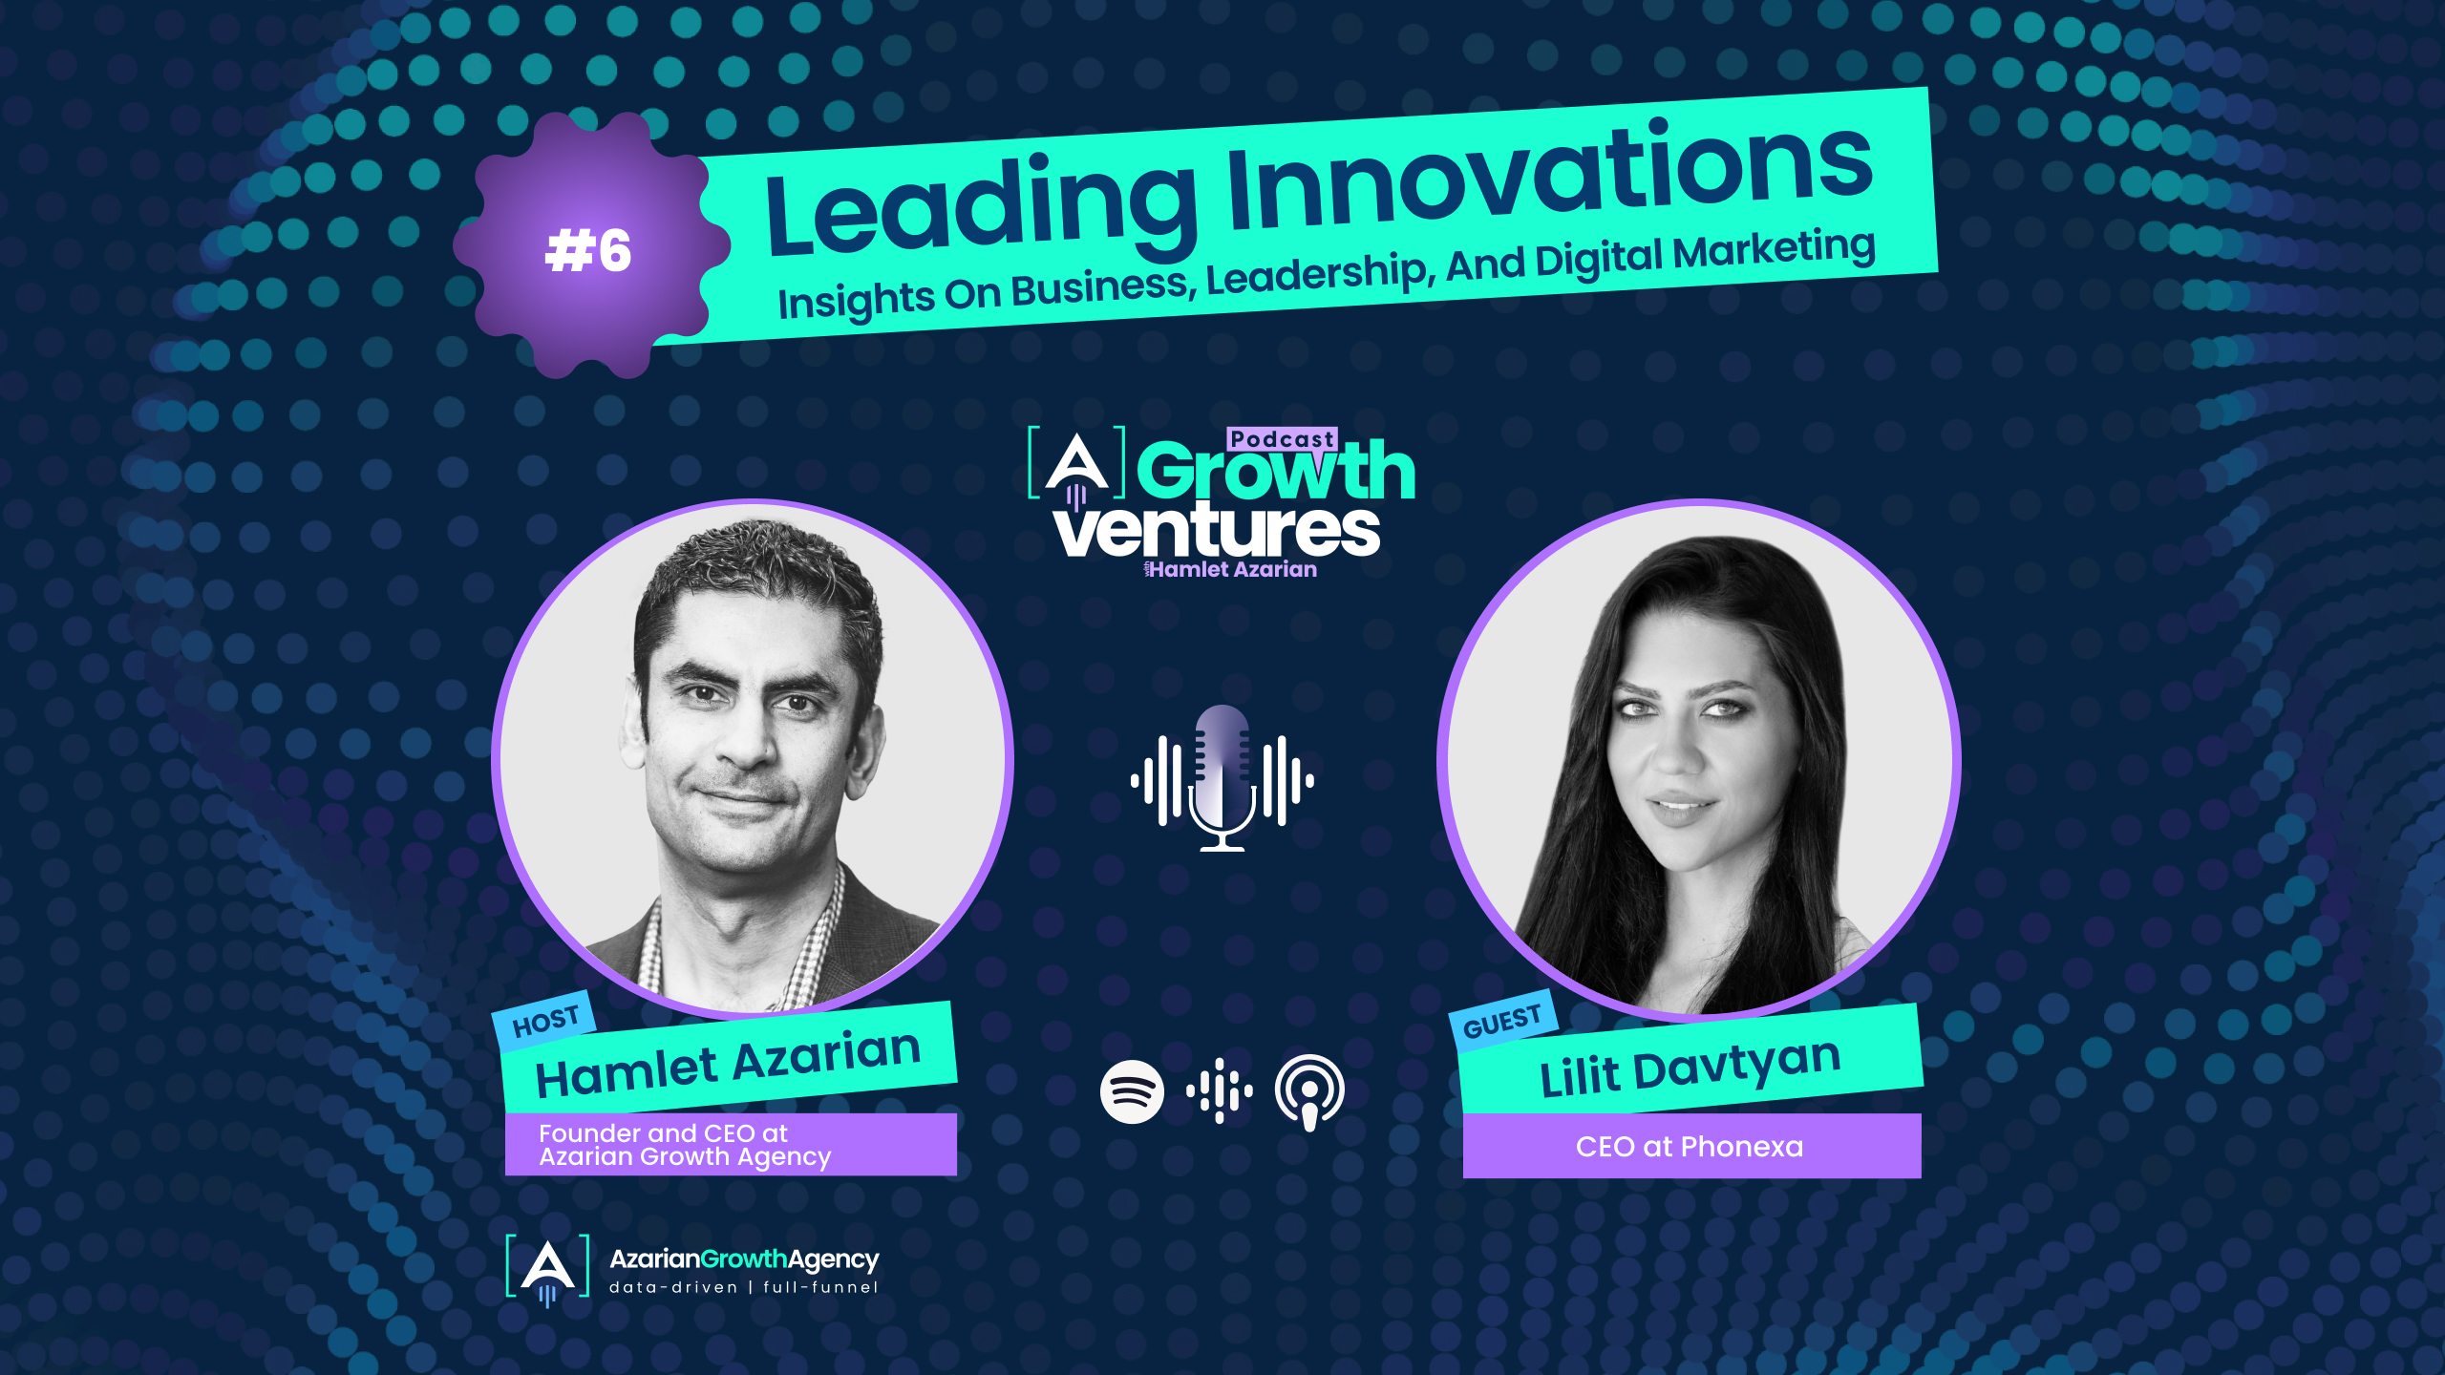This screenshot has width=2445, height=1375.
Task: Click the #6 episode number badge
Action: pyautogui.click(x=588, y=250)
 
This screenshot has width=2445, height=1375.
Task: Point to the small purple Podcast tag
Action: pyautogui.click(x=1282, y=439)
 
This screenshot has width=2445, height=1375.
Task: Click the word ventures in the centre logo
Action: pyautogui.click(x=1218, y=531)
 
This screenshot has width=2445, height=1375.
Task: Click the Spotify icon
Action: pyautogui.click(x=1132, y=1090)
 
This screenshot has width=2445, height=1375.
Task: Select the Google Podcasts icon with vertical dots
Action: pyautogui.click(x=1220, y=1090)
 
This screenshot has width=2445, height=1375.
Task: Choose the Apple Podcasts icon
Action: pyautogui.click(x=1309, y=1090)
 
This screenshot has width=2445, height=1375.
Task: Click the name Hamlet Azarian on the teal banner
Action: pyautogui.click(x=728, y=1062)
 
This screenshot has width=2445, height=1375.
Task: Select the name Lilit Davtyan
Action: pyautogui.click(x=1690, y=1068)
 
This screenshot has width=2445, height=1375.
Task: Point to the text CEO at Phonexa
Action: pyautogui.click(x=1690, y=1146)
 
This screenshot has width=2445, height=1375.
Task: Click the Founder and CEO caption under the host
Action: pyautogui.click(x=684, y=1145)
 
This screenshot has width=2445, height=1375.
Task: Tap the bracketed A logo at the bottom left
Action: pyautogui.click(x=547, y=1268)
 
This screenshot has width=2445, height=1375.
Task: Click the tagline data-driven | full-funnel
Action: pyautogui.click(x=743, y=1287)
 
